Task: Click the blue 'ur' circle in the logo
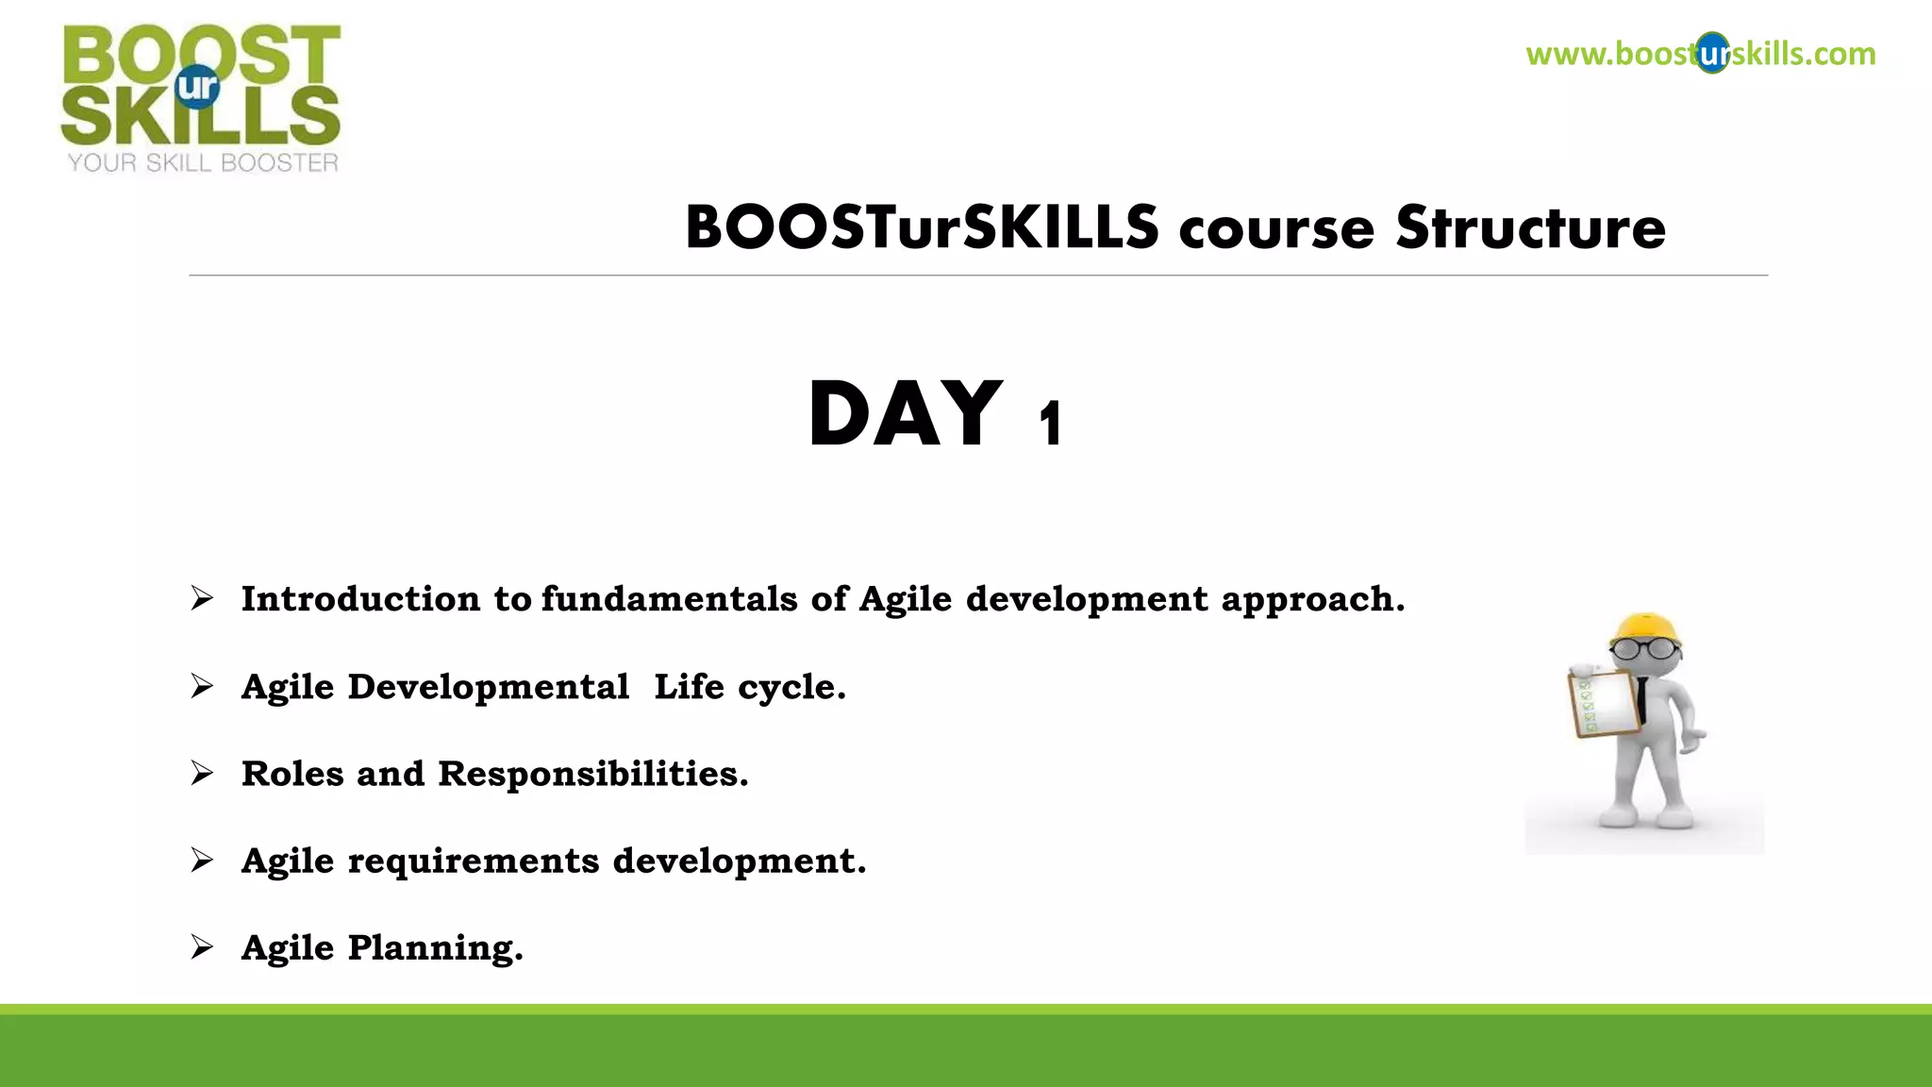tap(198, 87)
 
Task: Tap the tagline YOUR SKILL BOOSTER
tap(203, 163)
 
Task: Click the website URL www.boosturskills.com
tap(1700, 54)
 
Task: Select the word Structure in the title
tap(1530, 228)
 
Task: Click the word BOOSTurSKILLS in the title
tap(922, 228)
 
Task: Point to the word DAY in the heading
tap(905, 414)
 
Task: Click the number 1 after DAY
tap(1051, 425)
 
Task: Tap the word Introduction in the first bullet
tap(360, 599)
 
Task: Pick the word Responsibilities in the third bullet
tap(592, 775)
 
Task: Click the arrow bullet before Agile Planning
tap(202, 946)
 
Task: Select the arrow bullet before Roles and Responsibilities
tap(202, 773)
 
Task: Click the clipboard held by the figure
tap(1603, 703)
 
